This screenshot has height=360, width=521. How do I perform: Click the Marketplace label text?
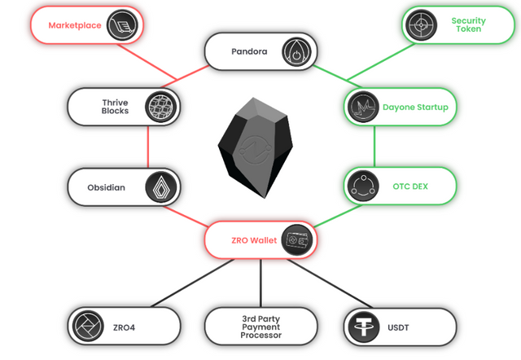(x=74, y=25)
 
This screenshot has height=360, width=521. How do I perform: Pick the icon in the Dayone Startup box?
(x=361, y=107)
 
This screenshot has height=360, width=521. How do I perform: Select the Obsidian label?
(x=107, y=187)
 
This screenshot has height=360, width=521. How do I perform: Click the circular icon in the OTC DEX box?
(x=361, y=187)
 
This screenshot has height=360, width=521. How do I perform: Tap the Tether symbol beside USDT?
(x=360, y=326)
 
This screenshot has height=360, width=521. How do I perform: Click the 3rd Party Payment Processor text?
(x=260, y=326)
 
